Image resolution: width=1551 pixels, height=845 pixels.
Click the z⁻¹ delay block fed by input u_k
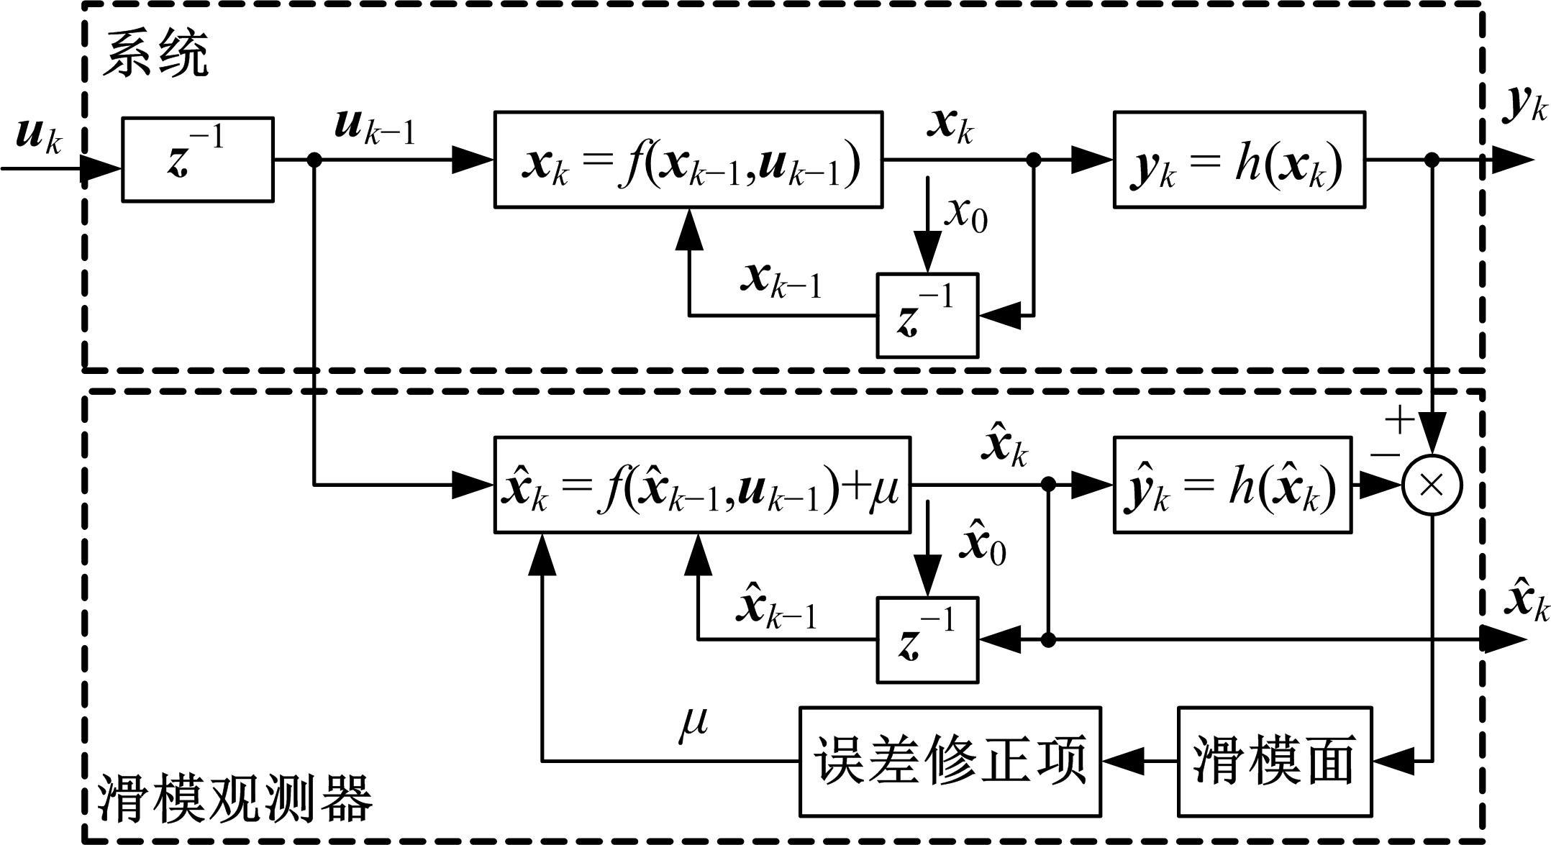197,159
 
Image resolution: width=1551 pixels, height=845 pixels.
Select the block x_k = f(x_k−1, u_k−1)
688,160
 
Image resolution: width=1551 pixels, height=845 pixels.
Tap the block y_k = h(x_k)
1239,160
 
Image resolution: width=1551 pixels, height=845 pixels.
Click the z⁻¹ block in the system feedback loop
927,315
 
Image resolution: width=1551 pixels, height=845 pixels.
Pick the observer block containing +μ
701,485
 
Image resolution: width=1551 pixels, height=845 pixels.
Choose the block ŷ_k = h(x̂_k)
1232,485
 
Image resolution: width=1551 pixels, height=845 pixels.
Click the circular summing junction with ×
1432,485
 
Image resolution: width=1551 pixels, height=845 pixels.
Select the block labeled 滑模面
1274,761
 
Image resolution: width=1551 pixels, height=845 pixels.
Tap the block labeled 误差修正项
950,761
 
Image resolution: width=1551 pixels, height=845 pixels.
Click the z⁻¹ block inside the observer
927,639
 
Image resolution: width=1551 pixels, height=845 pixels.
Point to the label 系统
155,54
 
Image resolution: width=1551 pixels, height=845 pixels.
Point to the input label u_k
40,134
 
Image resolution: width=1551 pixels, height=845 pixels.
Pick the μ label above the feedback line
693,721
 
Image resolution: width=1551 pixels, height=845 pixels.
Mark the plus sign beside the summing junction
1400,419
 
